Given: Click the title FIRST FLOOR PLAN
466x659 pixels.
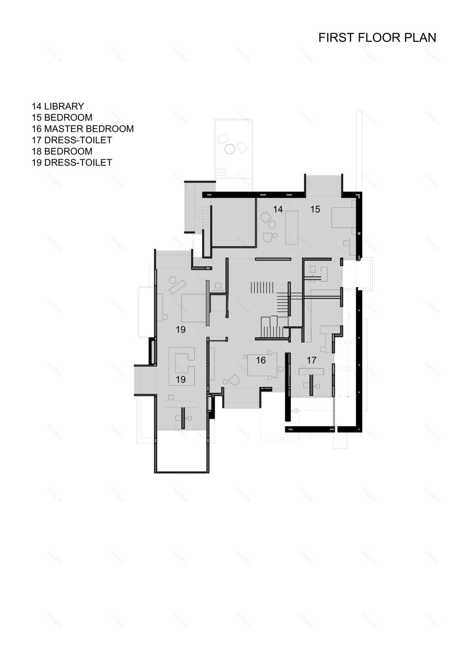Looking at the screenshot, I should (377, 38).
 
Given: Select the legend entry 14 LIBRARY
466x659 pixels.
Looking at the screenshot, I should (58, 106).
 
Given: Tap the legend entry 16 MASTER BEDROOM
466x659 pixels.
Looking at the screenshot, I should (83, 129).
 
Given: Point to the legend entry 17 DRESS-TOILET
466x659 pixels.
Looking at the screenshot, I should (71, 140).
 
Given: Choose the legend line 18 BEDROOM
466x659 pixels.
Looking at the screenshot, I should (62, 151).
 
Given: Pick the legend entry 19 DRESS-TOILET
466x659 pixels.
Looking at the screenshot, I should (71, 163).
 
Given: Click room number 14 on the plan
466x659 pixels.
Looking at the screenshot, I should (278, 209).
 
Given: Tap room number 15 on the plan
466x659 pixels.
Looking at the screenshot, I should (315, 210).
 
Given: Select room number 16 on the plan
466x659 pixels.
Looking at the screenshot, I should (261, 360).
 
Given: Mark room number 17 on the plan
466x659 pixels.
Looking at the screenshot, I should (311, 360).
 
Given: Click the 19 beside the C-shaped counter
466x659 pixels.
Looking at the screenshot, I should (181, 380).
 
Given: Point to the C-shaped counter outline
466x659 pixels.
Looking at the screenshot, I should (181, 365).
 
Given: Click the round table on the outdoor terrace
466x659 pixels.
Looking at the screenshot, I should (230, 149).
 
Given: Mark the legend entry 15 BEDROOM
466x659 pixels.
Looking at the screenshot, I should (62, 118).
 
